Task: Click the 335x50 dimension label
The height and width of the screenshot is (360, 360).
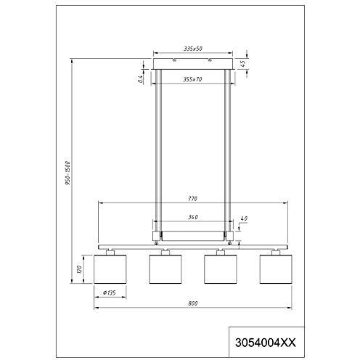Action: [x=193, y=49]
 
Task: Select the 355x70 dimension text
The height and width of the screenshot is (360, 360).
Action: [x=192, y=79]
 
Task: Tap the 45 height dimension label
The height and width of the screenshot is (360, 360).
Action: [x=243, y=63]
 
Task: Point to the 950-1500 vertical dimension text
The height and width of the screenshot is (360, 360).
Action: [x=67, y=173]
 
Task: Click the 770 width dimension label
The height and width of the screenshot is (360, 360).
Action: [x=192, y=199]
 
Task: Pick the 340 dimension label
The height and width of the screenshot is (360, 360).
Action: [x=193, y=217]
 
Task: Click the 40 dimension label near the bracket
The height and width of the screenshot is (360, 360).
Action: [x=244, y=218]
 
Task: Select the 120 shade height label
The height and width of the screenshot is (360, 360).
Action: [x=79, y=269]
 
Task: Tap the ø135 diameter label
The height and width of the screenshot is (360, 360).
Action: [x=110, y=292]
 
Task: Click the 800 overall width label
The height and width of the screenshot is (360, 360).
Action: [x=193, y=303]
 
